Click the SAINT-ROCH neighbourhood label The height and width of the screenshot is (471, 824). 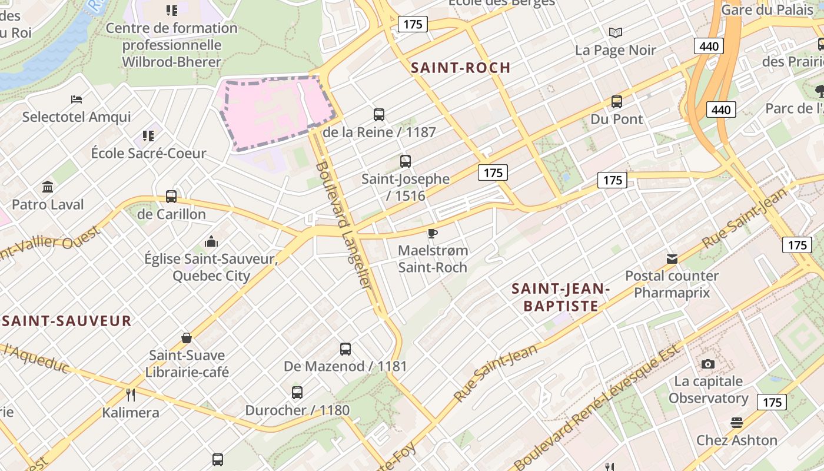point(460,68)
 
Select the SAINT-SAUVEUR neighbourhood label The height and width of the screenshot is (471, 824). point(67,321)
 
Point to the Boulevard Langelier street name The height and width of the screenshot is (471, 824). point(344,225)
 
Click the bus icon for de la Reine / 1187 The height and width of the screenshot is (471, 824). point(379,115)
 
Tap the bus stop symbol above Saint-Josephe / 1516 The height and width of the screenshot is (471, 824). point(405,161)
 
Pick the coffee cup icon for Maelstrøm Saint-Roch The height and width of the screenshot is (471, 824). point(433,233)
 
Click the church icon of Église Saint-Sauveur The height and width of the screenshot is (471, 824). point(211,241)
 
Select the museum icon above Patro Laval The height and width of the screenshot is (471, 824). point(48,187)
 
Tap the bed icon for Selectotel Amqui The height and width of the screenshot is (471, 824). point(77,99)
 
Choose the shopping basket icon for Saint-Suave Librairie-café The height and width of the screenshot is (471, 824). point(187,338)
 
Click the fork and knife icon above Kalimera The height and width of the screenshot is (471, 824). point(131,394)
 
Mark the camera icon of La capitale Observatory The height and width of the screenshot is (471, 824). point(708,364)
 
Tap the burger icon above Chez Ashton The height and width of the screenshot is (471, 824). point(736,423)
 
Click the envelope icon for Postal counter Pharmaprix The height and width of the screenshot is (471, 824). point(672,258)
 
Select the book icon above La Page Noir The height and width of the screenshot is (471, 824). point(615,32)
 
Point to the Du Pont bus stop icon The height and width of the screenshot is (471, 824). point(616,102)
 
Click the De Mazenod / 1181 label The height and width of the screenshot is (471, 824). point(345,366)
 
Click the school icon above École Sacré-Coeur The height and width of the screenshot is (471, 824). point(148,136)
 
